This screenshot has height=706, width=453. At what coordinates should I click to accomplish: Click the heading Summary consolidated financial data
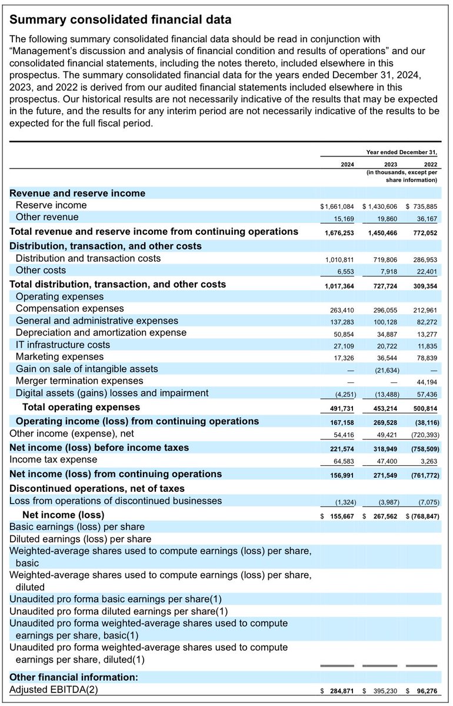point(121,20)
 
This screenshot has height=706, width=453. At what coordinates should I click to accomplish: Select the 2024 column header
point(347,165)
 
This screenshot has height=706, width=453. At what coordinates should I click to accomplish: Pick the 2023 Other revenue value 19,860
point(385,219)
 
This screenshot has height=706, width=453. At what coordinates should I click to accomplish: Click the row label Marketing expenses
point(59,357)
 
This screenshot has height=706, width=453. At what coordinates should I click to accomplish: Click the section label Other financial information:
point(74,677)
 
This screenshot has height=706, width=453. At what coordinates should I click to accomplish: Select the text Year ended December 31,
point(402,152)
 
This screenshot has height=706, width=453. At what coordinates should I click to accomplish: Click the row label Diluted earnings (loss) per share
point(80,539)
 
